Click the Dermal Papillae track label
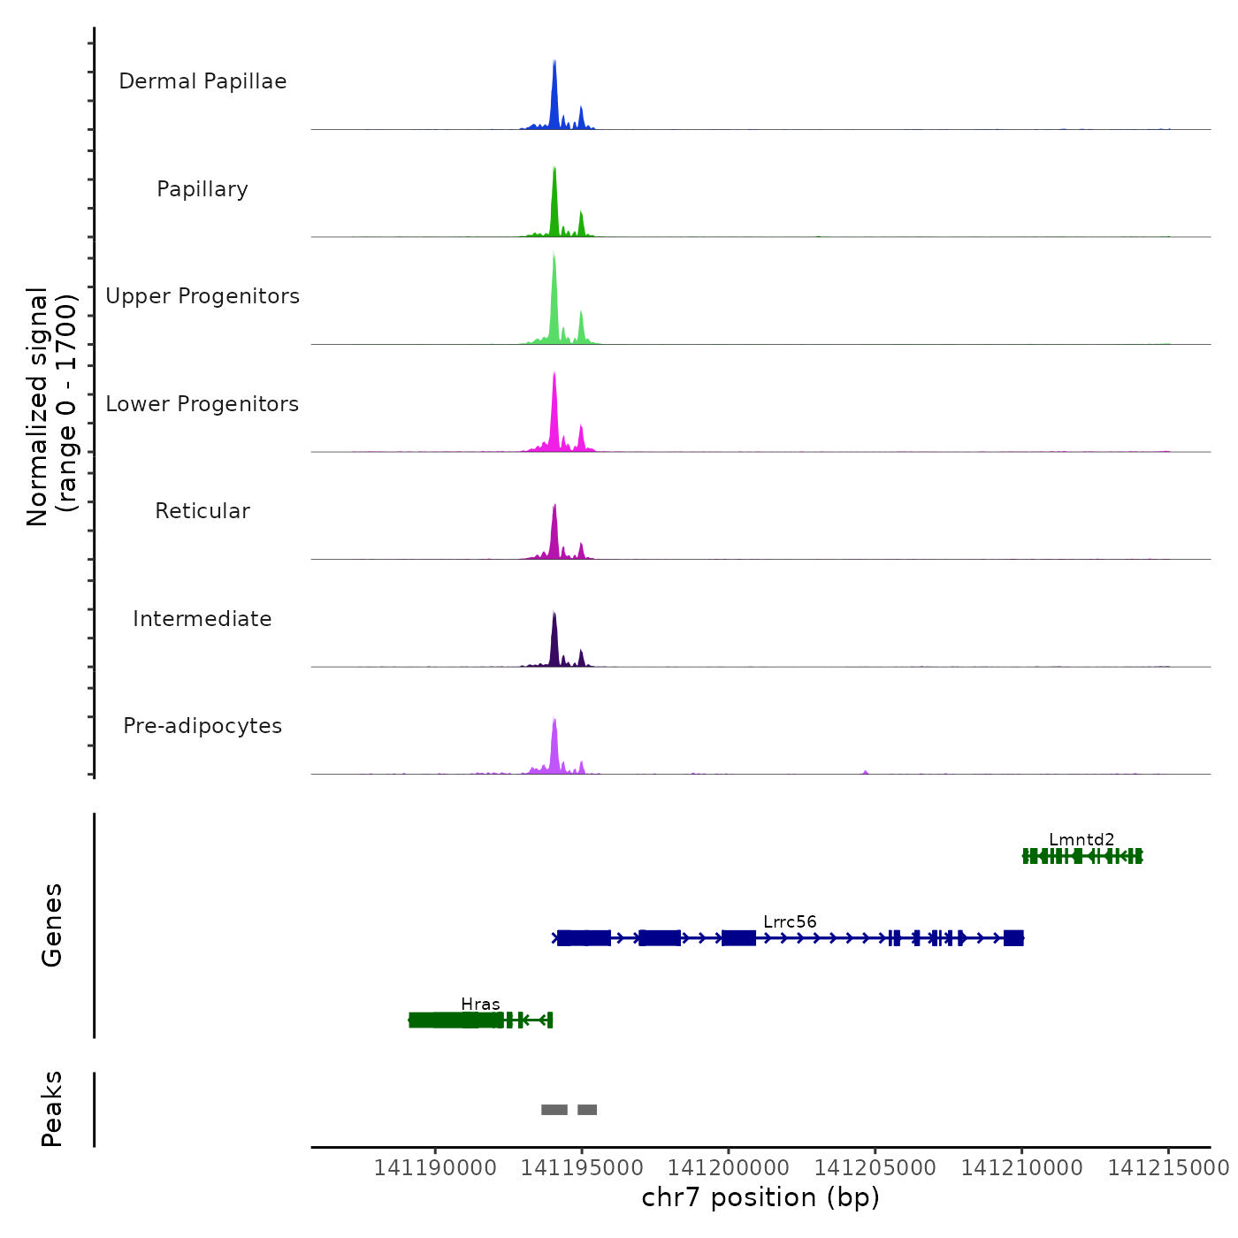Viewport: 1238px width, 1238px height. pos(203,81)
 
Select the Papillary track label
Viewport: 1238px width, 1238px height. pos(203,189)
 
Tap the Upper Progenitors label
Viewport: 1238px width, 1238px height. pos(203,296)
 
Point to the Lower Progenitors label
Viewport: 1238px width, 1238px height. pos(203,404)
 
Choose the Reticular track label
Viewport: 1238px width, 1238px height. pos(203,511)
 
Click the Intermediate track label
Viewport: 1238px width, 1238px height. pos(203,619)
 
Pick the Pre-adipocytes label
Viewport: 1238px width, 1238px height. pos(203,726)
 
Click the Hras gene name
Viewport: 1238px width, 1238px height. pos(480,1004)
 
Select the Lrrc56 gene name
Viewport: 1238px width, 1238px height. pos(790,921)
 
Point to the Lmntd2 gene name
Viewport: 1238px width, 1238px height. pos(1081,839)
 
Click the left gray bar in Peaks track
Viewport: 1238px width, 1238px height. pos(554,1110)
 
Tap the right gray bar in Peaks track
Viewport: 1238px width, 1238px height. pos(587,1110)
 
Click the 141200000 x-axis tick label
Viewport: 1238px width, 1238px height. pos(729,1167)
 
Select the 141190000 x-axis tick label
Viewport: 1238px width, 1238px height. pos(435,1167)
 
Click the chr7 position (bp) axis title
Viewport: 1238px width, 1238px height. pos(760,1197)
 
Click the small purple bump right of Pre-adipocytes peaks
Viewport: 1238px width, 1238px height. pos(866,772)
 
